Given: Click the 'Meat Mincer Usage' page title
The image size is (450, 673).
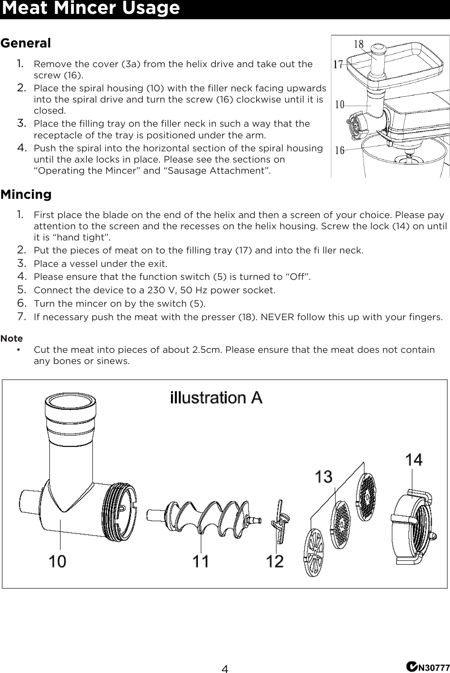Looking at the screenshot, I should (90, 9).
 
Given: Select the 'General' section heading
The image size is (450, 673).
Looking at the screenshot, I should (26, 43).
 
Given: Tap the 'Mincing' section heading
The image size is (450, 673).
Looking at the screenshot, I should (26, 195).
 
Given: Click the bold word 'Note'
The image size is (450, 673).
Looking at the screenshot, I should (12, 339).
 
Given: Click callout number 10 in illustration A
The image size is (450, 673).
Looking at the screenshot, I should (57, 561).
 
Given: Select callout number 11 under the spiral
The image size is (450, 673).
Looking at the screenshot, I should (201, 561).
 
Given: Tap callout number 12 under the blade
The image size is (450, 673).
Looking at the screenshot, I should (275, 561).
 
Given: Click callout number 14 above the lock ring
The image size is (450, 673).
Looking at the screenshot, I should (414, 460).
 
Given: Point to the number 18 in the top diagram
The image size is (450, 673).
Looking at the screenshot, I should (359, 44).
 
